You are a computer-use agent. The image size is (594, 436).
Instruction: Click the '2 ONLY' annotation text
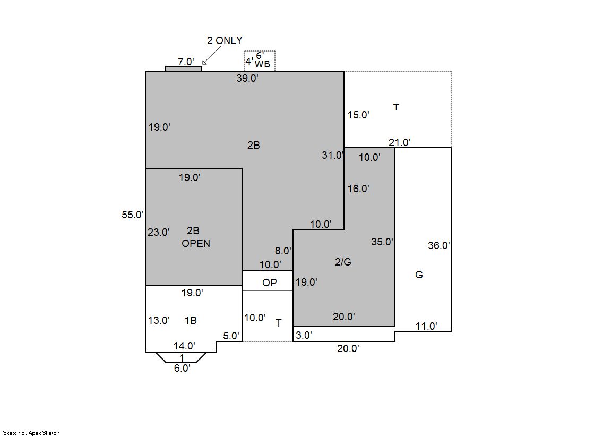(225, 40)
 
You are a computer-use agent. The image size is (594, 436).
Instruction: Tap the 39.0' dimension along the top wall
(247, 78)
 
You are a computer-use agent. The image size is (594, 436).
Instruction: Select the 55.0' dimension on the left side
(133, 215)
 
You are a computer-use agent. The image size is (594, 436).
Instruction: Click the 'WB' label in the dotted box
(262, 64)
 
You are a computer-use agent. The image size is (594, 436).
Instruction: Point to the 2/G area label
(343, 262)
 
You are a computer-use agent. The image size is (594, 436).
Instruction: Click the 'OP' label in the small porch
(269, 283)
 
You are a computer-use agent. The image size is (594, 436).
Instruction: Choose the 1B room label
(191, 320)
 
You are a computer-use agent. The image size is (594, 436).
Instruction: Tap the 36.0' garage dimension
(438, 245)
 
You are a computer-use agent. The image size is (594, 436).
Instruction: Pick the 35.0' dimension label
(382, 242)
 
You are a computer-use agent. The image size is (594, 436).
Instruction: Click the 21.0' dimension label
(400, 142)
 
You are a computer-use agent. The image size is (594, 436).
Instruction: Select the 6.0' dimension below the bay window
(182, 368)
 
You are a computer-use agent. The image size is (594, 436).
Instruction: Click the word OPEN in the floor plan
(196, 243)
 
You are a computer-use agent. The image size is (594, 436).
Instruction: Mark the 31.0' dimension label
(333, 155)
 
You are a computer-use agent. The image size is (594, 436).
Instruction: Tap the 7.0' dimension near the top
(186, 62)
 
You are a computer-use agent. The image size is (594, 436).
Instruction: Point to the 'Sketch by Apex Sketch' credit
(31, 433)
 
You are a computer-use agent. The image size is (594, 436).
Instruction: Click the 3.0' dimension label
(304, 335)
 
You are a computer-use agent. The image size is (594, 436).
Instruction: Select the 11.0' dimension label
(426, 326)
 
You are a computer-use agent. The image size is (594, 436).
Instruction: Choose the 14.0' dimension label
(185, 346)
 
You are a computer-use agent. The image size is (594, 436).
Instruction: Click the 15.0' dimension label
(358, 115)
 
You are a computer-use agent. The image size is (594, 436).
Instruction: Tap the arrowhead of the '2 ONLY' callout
(204, 63)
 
